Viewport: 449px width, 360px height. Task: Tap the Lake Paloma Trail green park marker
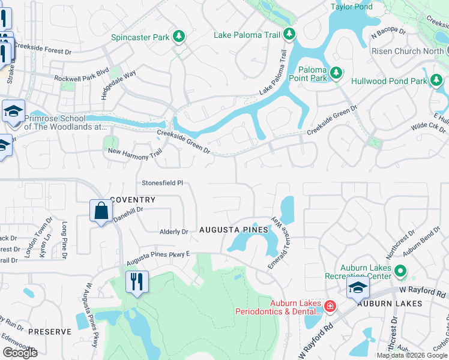(289, 34)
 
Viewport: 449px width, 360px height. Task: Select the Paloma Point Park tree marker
(337, 73)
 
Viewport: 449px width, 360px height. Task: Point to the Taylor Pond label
(352, 7)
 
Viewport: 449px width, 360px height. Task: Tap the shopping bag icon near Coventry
(100, 211)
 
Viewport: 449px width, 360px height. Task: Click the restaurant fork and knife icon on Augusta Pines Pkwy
(136, 281)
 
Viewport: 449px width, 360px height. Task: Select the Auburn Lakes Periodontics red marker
(330, 307)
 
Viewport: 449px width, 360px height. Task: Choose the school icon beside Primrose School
(13, 112)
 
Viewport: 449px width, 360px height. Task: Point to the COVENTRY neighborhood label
(133, 200)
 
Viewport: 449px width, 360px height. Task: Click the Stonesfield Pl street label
(161, 184)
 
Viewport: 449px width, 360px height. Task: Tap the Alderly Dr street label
(173, 231)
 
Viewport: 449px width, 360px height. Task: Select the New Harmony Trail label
(135, 152)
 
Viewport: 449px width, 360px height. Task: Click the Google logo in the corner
(20, 353)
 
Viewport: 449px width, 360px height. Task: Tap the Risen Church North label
(408, 52)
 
